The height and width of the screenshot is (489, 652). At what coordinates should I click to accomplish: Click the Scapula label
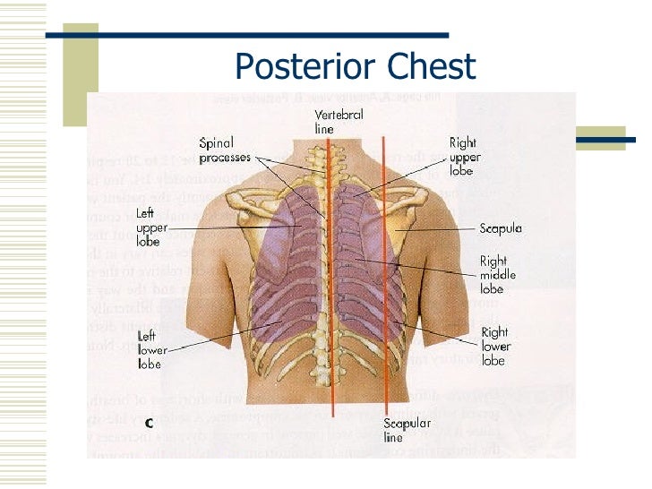point(501,228)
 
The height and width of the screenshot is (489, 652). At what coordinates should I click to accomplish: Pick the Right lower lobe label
point(494,346)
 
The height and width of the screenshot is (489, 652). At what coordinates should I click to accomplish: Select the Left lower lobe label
point(150,350)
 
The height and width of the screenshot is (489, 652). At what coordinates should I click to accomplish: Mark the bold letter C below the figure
point(149,425)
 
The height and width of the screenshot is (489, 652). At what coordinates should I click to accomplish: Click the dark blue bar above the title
point(246,36)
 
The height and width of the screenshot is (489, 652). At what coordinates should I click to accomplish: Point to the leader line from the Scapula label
point(439,229)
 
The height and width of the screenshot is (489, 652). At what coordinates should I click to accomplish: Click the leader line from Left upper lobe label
point(215,227)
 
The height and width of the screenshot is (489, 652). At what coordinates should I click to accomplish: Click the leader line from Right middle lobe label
point(421,268)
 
